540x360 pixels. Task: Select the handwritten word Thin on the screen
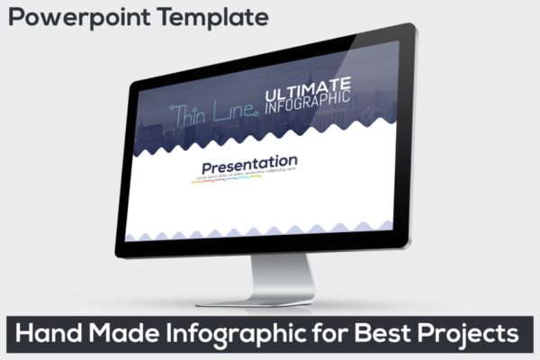coord(191,114)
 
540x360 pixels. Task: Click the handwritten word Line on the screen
coord(237,112)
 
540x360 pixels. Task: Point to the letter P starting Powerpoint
coord(17,16)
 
